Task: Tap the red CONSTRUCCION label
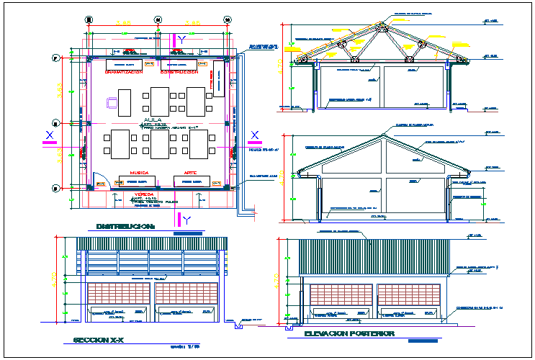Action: point(179,73)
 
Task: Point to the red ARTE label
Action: point(190,174)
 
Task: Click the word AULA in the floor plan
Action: point(153,120)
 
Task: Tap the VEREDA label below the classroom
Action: point(145,194)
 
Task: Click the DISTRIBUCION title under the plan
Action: point(126,226)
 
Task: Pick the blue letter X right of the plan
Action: point(255,135)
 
